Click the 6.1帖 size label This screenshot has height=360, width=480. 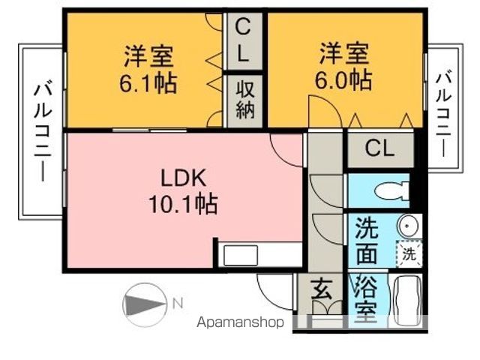pyautogui.click(x=148, y=83)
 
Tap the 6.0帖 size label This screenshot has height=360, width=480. pyautogui.click(x=343, y=80)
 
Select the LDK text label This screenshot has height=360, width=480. pyautogui.click(x=183, y=178)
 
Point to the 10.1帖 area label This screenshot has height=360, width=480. pyautogui.click(x=183, y=203)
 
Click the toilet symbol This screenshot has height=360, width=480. pyautogui.click(x=391, y=190)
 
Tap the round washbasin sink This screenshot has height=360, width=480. pyautogui.click(x=407, y=225)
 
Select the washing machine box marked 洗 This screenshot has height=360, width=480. pyautogui.click(x=409, y=254)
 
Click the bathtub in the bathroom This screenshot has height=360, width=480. pyautogui.click(x=407, y=300)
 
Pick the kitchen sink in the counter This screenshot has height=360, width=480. pyautogui.click(x=241, y=255)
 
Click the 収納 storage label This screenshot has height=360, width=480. pyautogui.click(x=245, y=100)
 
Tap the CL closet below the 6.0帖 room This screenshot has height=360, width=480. pyautogui.click(x=379, y=148)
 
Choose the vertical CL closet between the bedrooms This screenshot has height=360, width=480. pyautogui.click(x=243, y=40)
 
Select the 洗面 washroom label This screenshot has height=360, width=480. pyautogui.click(x=367, y=241)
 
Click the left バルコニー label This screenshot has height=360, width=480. pyautogui.click(x=43, y=131)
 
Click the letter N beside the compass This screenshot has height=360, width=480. pyautogui.click(x=178, y=303)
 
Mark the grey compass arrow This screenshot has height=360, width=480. pyautogui.click(x=145, y=305)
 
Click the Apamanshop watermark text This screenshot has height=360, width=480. pyautogui.click(x=240, y=322)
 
